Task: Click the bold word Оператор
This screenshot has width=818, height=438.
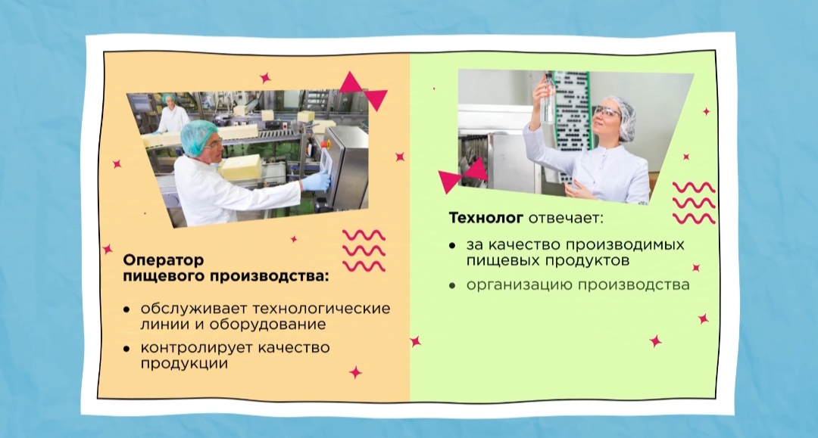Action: (x=164, y=260)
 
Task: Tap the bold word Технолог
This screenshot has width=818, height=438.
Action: (x=485, y=218)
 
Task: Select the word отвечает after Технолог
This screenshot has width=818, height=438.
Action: (x=566, y=218)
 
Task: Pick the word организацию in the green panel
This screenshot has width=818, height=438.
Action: (x=520, y=285)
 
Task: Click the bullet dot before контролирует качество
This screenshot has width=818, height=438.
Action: (x=126, y=349)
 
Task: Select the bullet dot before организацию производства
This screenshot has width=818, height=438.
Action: (x=452, y=285)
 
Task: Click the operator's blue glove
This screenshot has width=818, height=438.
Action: (x=315, y=182)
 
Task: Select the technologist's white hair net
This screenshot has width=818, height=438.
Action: (x=623, y=116)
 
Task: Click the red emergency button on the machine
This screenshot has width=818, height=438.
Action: (x=326, y=144)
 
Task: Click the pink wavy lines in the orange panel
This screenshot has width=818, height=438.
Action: (x=364, y=250)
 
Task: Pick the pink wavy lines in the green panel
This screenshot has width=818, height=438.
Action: (x=694, y=203)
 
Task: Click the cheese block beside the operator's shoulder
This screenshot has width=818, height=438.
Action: (x=241, y=167)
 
